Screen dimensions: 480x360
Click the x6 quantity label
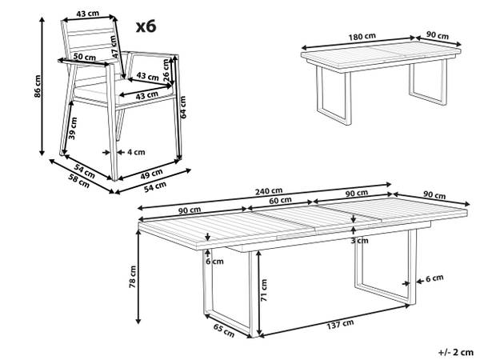(x=146, y=26)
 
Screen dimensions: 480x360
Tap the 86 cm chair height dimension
(x=38, y=86)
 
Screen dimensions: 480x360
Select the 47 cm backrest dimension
(x=114, y=46)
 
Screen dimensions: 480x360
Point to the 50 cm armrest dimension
(x=85, y=57)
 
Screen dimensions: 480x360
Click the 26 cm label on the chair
(x=166, y=70)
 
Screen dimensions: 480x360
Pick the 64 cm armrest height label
(x=183, y=107)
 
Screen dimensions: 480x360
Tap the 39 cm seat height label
(x=73, y=128)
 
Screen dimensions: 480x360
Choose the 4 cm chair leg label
(x=136, y=152)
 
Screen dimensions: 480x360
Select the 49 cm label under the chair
(x=151, y=174)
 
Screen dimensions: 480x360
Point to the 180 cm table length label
(x=362, y=37)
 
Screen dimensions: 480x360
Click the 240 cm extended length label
(x=269, y=191)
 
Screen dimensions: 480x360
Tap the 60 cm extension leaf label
(x=280, y=200)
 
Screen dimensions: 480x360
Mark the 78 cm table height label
(x=133, y=277)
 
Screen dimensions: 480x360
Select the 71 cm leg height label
(x=264, y=290)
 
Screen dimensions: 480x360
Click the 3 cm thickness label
(x=360, y=241)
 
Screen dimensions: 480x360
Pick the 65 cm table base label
(x=224, y=330)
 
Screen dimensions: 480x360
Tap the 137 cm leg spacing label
(x=340, y=324)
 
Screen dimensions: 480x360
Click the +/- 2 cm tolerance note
(x=456, y=352)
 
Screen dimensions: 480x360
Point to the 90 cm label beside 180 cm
(x=438, y=35)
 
